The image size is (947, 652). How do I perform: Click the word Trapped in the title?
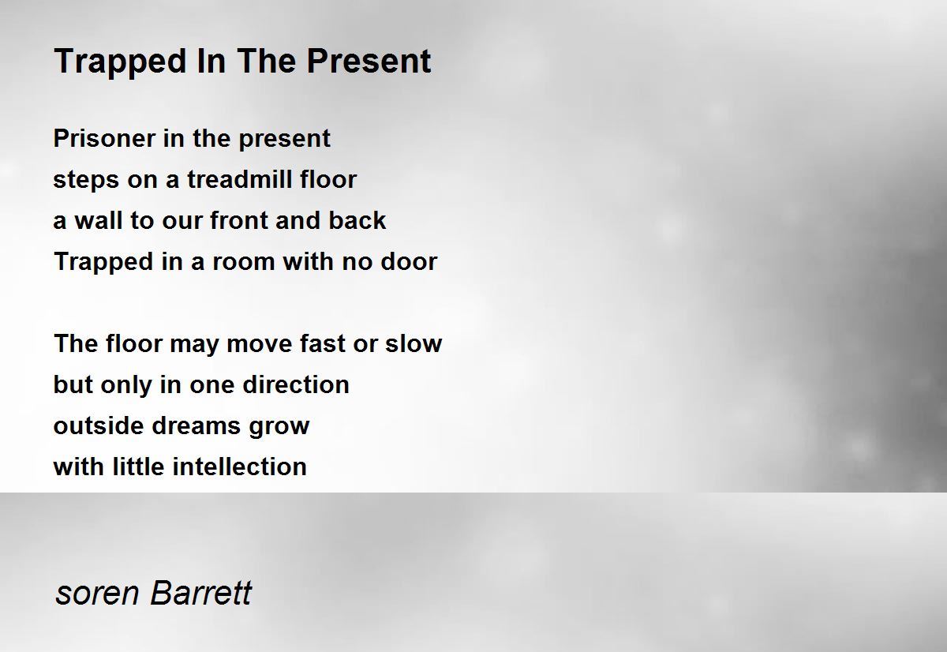pyautogui.click(x=121, y=62)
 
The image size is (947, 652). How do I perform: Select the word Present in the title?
pyautogui.click(x=369, y=61)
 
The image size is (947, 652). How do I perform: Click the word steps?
pyautogui.click(x=86, y=181)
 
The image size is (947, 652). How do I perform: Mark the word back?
pyautogui.click(x=357, y=220)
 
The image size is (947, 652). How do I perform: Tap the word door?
pyautogui.click(x=409, y=261)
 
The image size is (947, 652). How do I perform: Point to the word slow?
pyautogui.click(x=414, y=343)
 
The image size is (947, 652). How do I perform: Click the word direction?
pyautogui.click(x=296, y=384)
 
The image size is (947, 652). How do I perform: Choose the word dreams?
pyautogui.click(x=197, y=425)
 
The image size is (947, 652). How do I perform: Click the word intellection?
pyautogui.click(x=240, y=467)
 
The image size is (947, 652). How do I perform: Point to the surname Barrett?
pyautogui.click(x=200, y=592)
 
